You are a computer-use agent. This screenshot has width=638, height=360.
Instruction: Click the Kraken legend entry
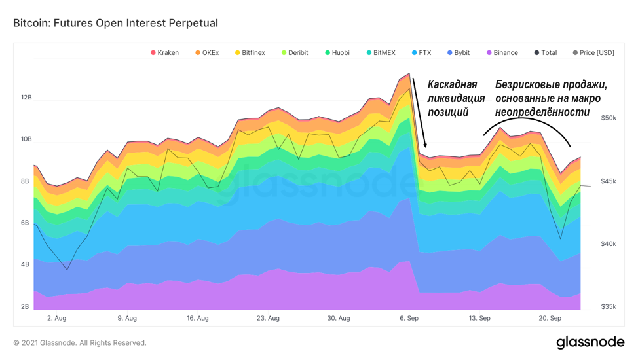[165, 52]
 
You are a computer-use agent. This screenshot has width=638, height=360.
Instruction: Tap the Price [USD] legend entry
[593, 52]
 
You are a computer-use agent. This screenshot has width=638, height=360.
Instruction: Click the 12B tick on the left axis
[26, 98]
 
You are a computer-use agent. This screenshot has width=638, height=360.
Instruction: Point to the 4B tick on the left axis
[26, 265]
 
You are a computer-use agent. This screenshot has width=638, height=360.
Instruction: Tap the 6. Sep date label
[409, 318]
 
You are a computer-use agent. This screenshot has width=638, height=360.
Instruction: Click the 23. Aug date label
[268, 318]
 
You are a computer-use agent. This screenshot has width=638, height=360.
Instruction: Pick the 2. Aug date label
[56, 318]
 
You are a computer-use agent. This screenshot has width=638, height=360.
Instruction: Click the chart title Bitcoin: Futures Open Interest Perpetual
[115, 23]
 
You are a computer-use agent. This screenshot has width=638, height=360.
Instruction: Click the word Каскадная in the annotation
[453, 84]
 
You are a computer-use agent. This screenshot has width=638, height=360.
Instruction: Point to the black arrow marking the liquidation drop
[419, 111]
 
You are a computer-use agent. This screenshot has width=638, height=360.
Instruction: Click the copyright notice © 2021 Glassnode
[80, 342]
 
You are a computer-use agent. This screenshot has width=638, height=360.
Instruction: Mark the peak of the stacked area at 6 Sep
[409, 74]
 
